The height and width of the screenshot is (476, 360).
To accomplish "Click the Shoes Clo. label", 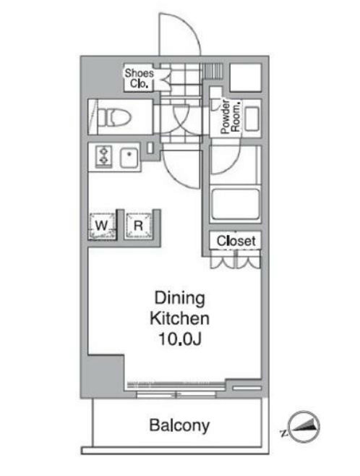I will [138, 77].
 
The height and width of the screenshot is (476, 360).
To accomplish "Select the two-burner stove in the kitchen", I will [103, 156].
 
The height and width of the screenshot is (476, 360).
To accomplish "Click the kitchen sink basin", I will [130, 156].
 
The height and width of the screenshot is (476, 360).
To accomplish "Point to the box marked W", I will [103, 226].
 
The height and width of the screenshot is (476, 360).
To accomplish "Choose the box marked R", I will [137, 226].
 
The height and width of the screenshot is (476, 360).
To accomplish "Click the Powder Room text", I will [226, 115].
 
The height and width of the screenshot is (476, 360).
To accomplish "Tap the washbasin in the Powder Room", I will [252, 118].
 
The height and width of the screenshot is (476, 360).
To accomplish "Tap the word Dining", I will [180, 298].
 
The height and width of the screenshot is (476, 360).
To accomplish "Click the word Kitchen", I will [180, 318].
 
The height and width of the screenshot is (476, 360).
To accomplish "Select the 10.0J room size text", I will [180, 339].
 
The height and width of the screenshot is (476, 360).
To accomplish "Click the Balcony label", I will [180, 425].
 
